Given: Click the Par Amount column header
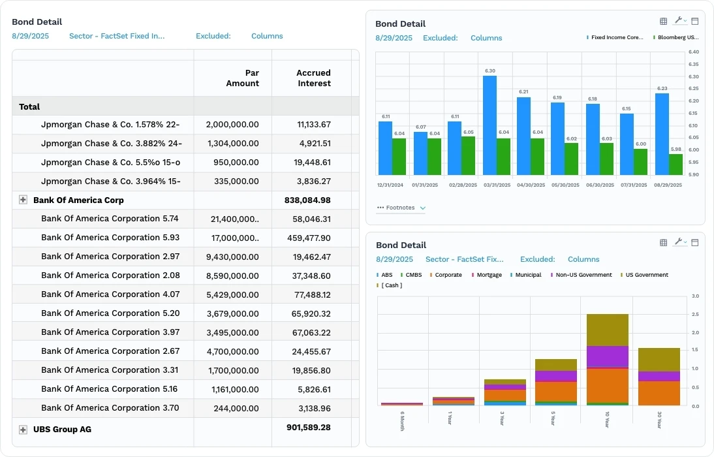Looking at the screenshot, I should [242, 78].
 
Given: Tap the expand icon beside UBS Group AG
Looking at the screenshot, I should [23, 430].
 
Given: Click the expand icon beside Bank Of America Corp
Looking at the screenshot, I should [23, 200].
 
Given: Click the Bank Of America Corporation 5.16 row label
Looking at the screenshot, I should [110, 389].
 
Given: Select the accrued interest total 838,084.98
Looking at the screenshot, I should [307, 200].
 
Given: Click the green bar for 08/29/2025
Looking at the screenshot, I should [675, 165].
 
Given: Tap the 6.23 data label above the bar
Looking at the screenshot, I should [662, 88].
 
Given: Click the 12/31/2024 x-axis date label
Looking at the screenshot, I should [390, 185].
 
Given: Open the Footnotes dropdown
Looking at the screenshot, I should [401, 208].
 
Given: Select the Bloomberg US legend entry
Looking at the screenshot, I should [677, 38].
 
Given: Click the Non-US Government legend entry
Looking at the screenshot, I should [583, 275].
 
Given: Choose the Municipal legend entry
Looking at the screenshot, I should [527, 275].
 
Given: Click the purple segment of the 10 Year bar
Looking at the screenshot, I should [608, 356].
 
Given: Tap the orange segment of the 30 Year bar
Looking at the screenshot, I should [659, 393].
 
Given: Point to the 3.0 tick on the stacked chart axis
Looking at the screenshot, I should [695, 296].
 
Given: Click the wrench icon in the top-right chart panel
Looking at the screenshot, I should [679, 22].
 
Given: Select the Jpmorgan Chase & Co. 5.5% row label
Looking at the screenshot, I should [110, 163].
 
